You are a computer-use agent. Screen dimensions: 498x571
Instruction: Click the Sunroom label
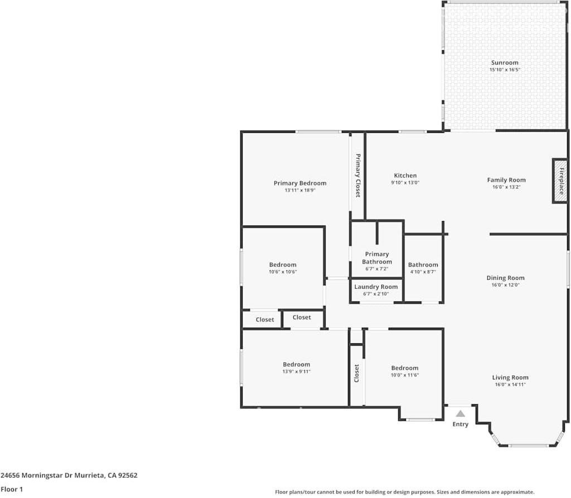(504, 63)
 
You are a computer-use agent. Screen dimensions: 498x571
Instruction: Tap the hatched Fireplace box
(560, 181)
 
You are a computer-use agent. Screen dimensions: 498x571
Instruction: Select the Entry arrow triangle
(460, 414)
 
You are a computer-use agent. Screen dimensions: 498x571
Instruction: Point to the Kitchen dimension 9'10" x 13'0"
(405, 183)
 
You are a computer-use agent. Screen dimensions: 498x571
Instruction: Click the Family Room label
(506, 180)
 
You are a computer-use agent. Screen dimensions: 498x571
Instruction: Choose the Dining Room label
(505, 278)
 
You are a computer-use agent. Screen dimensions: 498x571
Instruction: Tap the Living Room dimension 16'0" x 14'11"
(510, 384)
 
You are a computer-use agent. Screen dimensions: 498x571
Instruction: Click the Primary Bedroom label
(299, 183)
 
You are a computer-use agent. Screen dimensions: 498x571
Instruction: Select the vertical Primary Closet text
(358, 175)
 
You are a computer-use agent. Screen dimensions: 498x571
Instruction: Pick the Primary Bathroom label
(377, 258)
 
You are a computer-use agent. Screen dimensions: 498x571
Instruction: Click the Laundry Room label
(376, 287)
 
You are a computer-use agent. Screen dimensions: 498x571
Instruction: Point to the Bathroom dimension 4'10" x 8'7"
(423, 272)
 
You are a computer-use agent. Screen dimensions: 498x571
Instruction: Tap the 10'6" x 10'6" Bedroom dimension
(283, 272)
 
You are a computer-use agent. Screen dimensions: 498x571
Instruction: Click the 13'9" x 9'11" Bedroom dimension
(296, 371)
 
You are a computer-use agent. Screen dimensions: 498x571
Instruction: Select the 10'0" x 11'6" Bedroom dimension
(404, 375)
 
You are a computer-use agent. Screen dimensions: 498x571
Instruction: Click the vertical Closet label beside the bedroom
(357, 373)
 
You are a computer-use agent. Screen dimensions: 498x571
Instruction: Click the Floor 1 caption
(12, 489)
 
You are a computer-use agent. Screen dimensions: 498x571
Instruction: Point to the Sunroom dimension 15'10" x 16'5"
(504, 70)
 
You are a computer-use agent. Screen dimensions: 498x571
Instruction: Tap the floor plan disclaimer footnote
(404, 492)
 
